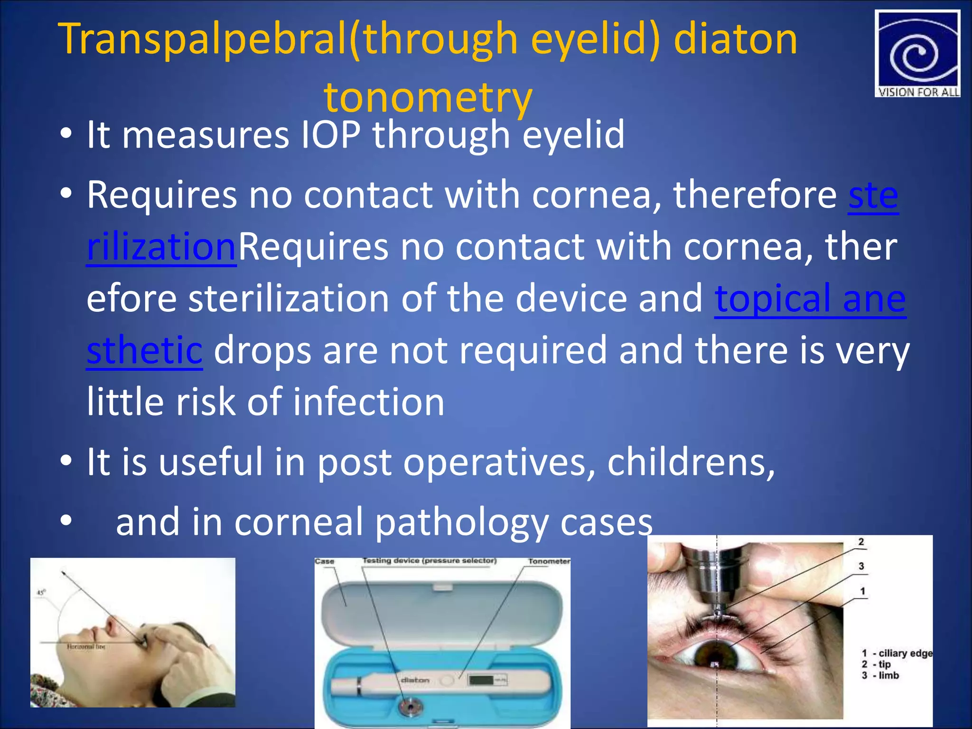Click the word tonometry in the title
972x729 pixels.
click(x=428, y=97)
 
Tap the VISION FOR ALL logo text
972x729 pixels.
click(x=918, y=92)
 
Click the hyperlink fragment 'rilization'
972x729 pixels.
click(x=161, y=247)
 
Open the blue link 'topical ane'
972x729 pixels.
click(x=810, y=299)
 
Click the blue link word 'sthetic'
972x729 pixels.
click(x=144, y=350)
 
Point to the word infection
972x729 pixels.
click(x=368, y=402)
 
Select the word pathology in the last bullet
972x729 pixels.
click(x=461, y=522)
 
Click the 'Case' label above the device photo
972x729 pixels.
click(x=325, y=561)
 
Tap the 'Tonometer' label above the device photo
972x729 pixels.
click(x=549, y=561)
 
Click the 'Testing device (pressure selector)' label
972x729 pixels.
click(x=430, y=561)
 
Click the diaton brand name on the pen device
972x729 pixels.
click(x=415, y=680)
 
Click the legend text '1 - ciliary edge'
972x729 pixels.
click(x=897, y=653)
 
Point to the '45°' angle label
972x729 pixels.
click(x=41, y=592)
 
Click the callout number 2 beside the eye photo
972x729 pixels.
click(x=861, y=542)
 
